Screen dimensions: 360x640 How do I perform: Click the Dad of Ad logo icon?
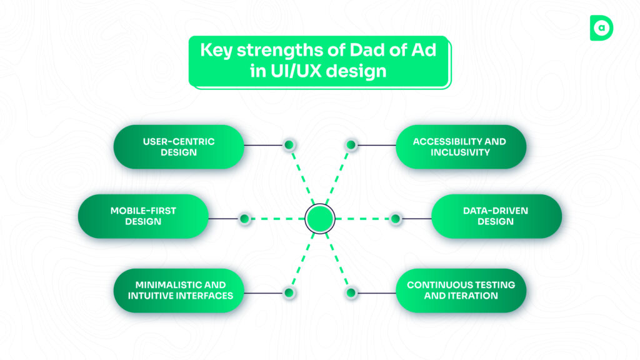click(601, 28)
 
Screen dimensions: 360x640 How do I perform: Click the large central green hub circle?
click(320, 218)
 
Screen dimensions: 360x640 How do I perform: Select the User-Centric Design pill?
click(178, 146)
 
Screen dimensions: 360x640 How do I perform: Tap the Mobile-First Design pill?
click(143, 216)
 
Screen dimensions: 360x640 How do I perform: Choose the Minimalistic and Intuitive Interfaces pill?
click(178, 290)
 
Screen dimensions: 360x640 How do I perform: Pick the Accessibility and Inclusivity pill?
click(461, 146)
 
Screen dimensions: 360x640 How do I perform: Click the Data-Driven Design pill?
click(496, 216)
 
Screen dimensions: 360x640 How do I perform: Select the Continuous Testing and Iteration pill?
click(461, 290)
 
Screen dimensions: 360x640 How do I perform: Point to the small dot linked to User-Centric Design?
click(289, 145)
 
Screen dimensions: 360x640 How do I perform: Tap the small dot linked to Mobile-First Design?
click(244, 218)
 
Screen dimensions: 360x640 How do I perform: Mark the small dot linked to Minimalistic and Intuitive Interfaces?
click(289, 292)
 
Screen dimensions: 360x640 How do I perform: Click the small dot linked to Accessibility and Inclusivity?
click(351, 145)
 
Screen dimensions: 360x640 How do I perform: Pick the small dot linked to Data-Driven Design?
click(395, 218)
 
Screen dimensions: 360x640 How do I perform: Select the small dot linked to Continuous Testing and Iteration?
click(351, 292)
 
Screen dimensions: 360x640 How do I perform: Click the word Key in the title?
click(214, 51)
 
